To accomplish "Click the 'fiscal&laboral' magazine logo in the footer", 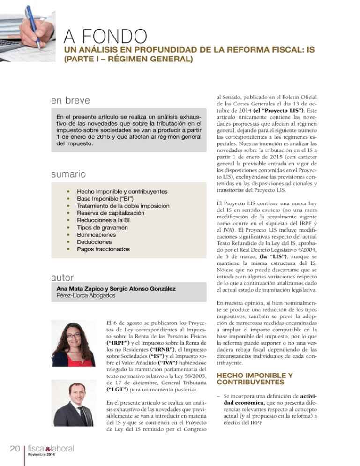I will tap(50, 450).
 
